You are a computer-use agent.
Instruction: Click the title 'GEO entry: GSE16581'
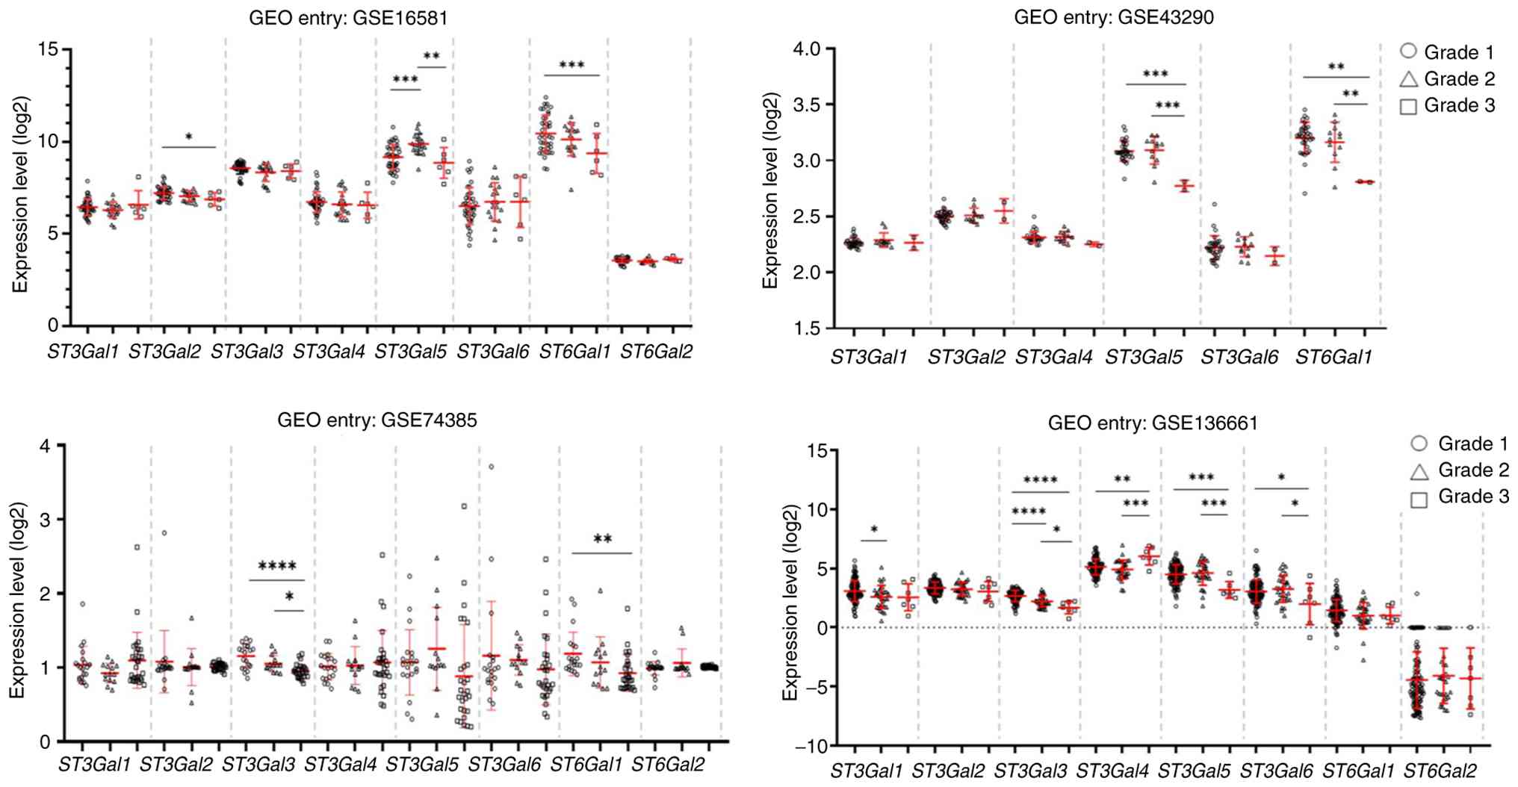point(348,18)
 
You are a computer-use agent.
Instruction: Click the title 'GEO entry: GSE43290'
point(1113,17)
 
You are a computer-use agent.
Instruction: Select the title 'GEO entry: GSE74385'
point(377,420)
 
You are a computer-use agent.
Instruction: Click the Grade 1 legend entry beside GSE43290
point(1446,52)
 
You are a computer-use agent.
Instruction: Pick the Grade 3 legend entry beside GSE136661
point(1460,497)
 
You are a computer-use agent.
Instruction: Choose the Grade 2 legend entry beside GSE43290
point(1446,79)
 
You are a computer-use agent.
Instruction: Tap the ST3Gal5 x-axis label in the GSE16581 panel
point(410,352)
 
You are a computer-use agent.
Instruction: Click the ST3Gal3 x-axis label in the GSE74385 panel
point(258,765)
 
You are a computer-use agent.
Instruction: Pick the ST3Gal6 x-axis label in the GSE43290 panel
point(1239,358)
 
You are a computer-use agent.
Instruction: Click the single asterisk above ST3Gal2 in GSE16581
point(189,137)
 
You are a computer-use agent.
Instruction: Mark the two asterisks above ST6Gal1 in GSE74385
point(602,540)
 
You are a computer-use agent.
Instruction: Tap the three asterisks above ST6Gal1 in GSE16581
point(571,66)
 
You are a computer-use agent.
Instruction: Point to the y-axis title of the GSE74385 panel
point(18,600)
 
